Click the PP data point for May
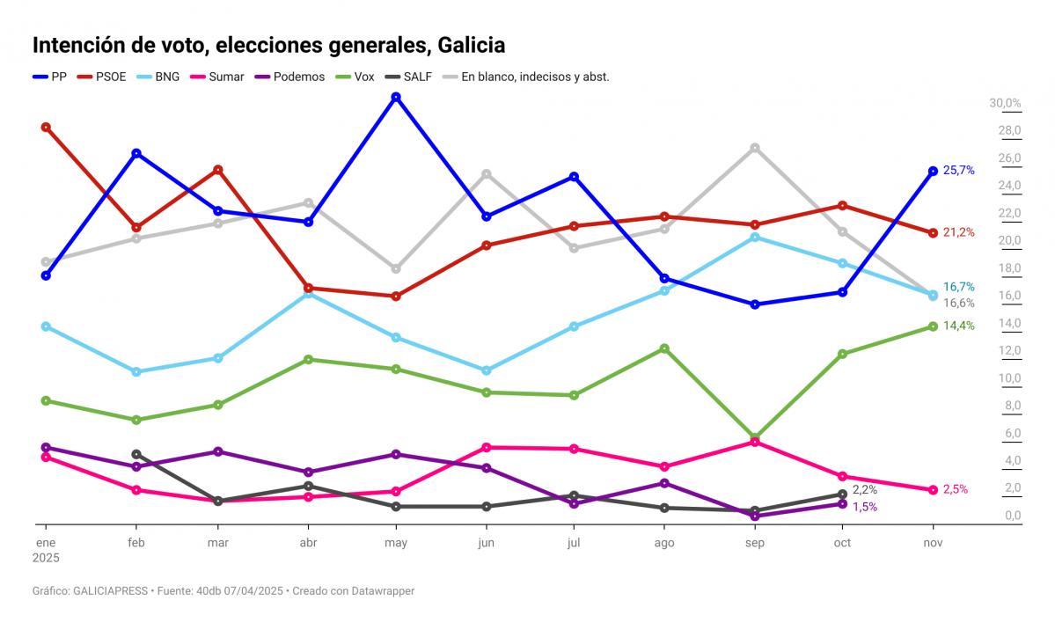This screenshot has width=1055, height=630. click(396, 97)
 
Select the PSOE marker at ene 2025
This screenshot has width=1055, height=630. click(46, 127)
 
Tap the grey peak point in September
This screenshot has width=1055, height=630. click(755, 148)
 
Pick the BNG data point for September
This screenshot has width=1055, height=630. click(755, 237)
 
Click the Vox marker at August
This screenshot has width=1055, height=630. click(665, 348)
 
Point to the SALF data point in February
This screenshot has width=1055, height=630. click(136, 454)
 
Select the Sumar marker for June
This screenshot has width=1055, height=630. click(486, 447)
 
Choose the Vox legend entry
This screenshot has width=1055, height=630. click(356, 77)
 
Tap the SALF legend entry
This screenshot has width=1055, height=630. click(410, 77)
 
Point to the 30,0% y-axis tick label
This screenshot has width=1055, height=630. click(1006, 103)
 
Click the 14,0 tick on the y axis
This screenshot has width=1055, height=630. click(1009, 323)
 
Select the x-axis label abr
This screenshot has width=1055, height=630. click(309, 543)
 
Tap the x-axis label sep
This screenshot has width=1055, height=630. click(755, 543)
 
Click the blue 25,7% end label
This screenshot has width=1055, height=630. click(958, 170)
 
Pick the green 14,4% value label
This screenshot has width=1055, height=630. click(958, 326)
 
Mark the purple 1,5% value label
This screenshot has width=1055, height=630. click(864, 507)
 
